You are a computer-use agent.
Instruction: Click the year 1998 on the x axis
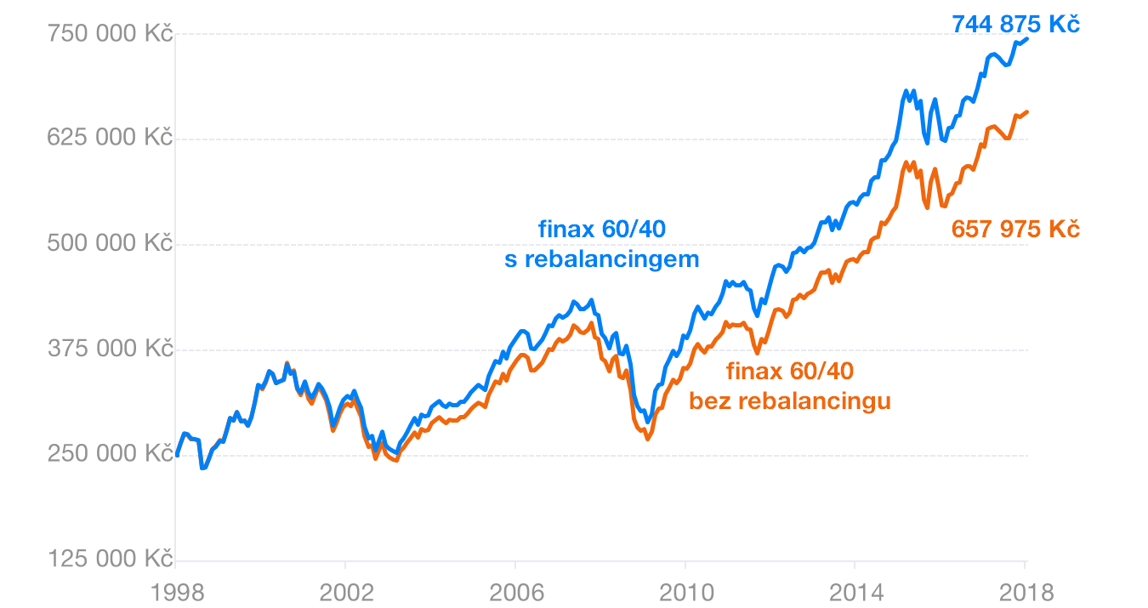coord(175,592)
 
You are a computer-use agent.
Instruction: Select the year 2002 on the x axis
coord(345,592)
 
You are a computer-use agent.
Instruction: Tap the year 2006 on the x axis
coord(515,592)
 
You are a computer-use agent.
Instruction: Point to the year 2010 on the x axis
coord(685,592)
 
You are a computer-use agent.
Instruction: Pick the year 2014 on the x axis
coord(855,592)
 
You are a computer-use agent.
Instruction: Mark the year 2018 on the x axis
coord(1025,592)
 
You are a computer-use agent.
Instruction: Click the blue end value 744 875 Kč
coord(1015,25)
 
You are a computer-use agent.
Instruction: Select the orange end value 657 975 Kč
coord(1015,230)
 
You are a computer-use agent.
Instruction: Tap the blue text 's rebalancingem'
coord(602,259)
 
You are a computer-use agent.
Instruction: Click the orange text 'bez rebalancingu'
coord(790,401)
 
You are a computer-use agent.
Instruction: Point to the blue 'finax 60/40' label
coord(602,230)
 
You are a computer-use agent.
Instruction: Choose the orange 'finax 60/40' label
coord(790,371)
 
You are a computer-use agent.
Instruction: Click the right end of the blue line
coord(1027,38)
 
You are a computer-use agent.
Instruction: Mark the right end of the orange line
coord(1027,111)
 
